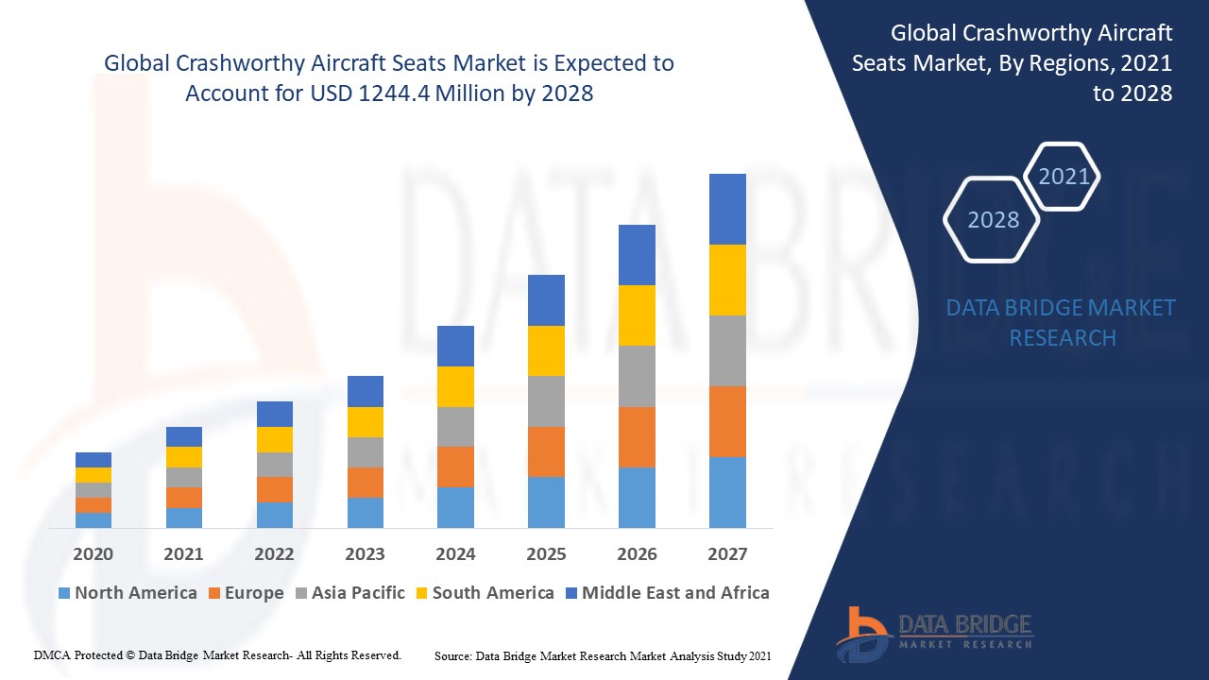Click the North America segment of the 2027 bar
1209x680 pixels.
coord(727,492)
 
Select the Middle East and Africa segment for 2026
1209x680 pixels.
coord(637,255)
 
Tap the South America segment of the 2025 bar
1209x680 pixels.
coord(546,350)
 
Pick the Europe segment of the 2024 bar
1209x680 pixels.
coord(455,467)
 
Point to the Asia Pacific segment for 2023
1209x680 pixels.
coord(366,451)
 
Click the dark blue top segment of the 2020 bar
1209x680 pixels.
coord(94,460)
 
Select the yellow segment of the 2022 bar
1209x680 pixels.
coord(275,439)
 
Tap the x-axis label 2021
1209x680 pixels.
coord(183,554)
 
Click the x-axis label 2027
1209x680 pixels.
coord(727,554)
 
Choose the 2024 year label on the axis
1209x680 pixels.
coord(455,554)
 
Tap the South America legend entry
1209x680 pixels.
coord(484,593)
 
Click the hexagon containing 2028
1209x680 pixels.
coord(993,220)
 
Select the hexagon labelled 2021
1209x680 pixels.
coord(1064,177)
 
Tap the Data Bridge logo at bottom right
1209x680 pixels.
coord(934,633)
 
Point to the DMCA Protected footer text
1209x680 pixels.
coord(217,654)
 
